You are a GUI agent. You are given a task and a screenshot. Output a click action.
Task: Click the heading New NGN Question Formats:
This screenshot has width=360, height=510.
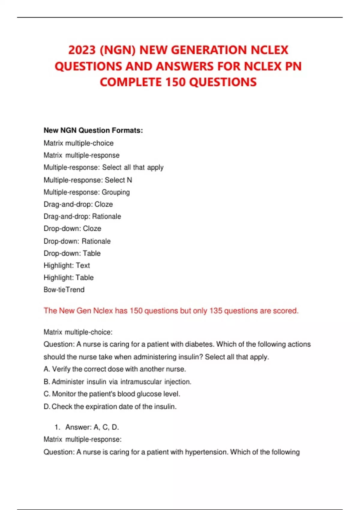point(93,130)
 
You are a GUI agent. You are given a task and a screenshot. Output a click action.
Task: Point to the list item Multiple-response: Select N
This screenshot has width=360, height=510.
point(88,180)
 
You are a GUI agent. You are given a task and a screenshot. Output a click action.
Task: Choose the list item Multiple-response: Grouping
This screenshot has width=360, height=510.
point(87,192)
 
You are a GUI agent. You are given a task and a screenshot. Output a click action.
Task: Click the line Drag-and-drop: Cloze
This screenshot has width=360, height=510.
point(78,204)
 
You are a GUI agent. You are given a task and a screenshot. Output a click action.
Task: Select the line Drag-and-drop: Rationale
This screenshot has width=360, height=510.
point(82,216)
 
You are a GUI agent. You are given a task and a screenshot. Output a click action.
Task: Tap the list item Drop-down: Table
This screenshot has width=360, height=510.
point(72,253)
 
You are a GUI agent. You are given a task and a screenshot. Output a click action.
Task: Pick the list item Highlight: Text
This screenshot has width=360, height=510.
point(67,265)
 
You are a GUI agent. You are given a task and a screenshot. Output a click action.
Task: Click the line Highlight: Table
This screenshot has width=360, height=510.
point(68,277)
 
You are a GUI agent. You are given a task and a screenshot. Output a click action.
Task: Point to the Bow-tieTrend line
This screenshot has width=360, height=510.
point(64,289)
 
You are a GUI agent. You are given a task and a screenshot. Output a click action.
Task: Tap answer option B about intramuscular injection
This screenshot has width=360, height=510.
point(117,382)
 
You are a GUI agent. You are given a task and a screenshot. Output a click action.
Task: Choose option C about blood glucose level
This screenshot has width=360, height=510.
point(112,394)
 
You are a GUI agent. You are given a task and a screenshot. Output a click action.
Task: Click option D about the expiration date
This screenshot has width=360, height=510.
point(110,406)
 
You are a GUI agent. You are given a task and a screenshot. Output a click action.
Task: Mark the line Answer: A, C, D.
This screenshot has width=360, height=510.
point(92,427)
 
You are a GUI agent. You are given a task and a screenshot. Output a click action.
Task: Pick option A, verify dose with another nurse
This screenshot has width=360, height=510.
point(115,369)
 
